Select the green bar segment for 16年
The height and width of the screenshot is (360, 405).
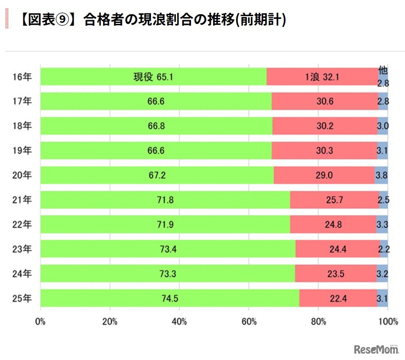[153, 77]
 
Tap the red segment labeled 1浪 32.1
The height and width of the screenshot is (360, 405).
[322, 77]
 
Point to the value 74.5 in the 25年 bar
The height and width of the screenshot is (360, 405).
[169, 298]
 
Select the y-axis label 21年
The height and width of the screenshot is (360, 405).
[22, 200]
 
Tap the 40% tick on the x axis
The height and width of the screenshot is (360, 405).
[179, 322]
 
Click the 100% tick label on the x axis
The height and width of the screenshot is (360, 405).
[388, 322]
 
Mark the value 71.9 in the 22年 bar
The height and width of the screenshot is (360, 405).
[165, 225]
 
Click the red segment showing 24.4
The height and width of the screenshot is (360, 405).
[337, 250]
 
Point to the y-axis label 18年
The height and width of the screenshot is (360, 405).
[22, 125]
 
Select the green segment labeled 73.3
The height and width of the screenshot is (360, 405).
[168, 274]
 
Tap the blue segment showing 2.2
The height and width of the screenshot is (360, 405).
[384, 250]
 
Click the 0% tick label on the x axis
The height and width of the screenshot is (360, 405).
[40, 322]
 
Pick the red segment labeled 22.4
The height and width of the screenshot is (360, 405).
[338, 298]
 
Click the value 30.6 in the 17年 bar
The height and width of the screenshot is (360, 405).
[324, 101]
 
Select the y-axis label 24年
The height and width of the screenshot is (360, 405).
[22, 274]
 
